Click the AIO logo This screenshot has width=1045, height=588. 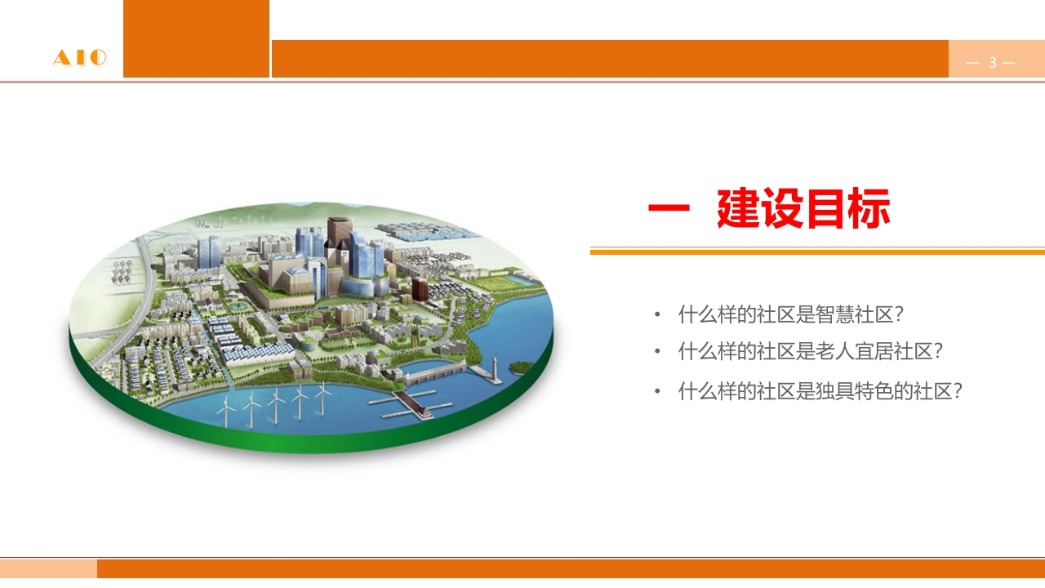click(x=80, y=58)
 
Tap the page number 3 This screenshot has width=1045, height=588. click(x=992, y=62)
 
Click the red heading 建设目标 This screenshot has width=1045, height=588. click(x=803, y=208)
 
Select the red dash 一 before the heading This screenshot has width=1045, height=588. click(x=669, y=208)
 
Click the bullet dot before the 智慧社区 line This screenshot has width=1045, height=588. click(x=657, y=314)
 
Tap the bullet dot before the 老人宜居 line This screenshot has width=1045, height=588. click(x=657, y=351)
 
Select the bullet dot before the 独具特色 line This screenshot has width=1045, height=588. click(x=657, y=391)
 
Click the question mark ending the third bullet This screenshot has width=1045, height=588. click(x=958, y=391)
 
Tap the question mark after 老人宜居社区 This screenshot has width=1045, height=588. click(x=938, y=352)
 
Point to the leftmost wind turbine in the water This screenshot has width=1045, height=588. click(x=227, y=411)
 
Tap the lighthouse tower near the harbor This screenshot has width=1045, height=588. click(x=494, y=368)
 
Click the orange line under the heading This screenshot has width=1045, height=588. click(x=817, y=252)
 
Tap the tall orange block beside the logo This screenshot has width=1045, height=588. click(x=197, y=38)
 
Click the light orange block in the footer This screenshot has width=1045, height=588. click(x=48, y=569)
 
